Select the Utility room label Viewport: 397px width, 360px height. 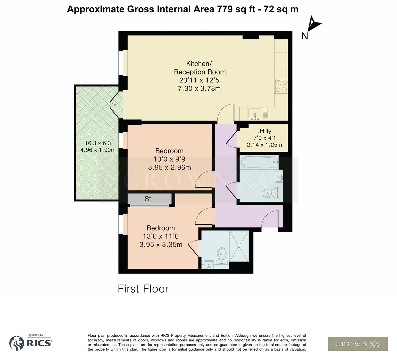(264, 131)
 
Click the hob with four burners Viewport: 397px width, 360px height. (281, 86)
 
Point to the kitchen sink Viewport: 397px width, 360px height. (255, 114)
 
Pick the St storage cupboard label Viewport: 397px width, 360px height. (148, 199)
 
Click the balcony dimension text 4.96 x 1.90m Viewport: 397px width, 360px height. (98, 150)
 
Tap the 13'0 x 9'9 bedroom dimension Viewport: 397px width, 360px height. (169, 159)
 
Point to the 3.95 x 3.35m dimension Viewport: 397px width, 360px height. (161, 245)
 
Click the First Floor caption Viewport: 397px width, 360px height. (143, 289)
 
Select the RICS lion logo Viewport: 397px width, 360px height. (17, 343)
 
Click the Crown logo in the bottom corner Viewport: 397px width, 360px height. (358, 344)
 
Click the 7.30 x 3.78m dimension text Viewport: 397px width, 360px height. (200, 88)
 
